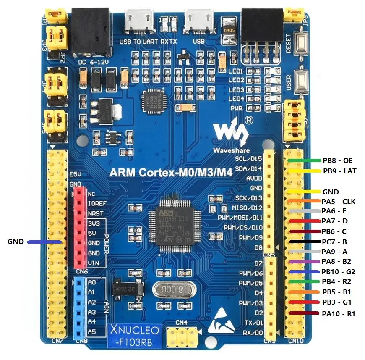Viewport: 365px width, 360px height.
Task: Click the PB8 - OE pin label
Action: pyautogui.click(x=337, y=160)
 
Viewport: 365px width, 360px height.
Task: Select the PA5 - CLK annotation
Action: pyautogui.click(x=338, y=202)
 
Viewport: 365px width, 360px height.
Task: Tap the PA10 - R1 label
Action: pyautogui.click(x=338, y=313)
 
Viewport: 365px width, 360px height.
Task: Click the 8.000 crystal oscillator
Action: pyautogui.click(x=169, y=290)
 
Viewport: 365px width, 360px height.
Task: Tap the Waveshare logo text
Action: pyautogui.click(x=231, y=150)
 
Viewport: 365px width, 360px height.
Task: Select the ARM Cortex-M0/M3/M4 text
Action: pyautogui.click(x=171, y=172)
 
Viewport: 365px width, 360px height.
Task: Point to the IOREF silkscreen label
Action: pyautogui.click(x=96, y=203)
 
